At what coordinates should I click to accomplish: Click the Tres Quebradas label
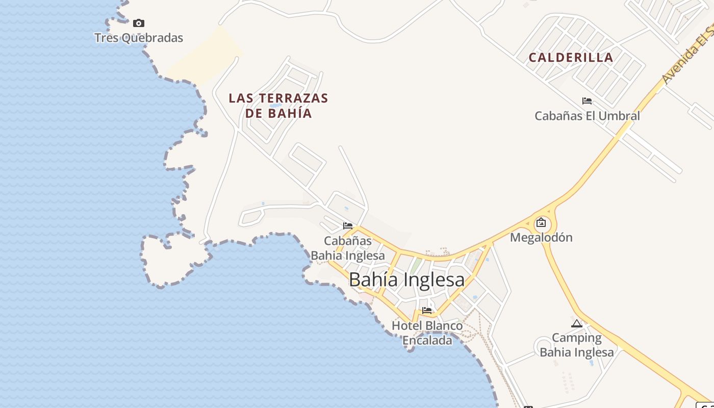pyautogui.click(x=139, y=38)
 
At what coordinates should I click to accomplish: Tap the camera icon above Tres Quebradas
pyautogui.click(x=139, y=23)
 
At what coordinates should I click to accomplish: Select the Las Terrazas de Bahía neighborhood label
pyautogui.click(x=278, y=106)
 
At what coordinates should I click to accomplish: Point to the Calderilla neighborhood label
pyautogui.click(x=571, y=58)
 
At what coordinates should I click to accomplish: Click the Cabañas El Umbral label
pyautogui.click(x=587, y=116)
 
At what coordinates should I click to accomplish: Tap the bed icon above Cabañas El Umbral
pyautogui.click(x=587, y=101)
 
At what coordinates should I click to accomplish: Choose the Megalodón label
pyautogui.click(x=541, y=238)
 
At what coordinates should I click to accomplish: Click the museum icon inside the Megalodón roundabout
pyautogui.click(x=541, y=223)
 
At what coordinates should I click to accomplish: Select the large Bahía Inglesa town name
pyautogui.click(x=406, y=279)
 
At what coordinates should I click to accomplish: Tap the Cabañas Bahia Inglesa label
pyautogui.click(x=348, y=248)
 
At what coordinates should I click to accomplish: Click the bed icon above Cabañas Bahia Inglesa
pyautogui.click(x=348, y=225)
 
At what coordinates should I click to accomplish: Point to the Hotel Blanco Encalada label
pyautogui.click(x=427, y=333)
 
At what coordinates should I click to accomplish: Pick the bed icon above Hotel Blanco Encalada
pyautogui.click(x=427, y=310)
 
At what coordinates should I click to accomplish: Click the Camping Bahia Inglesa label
pyautogui.click(x=577, y=345)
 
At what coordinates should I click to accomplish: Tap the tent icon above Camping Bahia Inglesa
pyautogui.click(x=577, y=323)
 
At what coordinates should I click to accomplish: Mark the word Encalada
pyautogui.click(x=427, y=341)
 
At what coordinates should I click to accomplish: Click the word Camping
pyautogui.click(x=577, y=338)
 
